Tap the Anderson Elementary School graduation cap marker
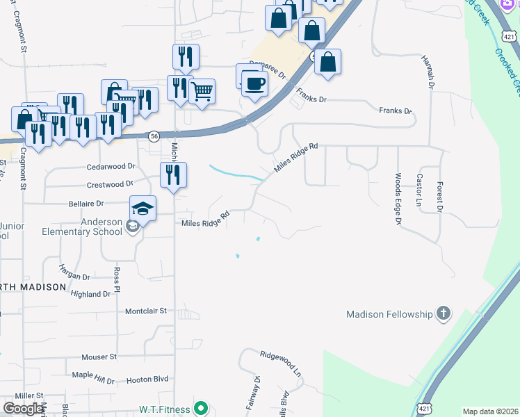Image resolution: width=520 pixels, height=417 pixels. click(143, 208)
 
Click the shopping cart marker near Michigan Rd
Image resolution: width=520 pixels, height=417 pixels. click(202, 90)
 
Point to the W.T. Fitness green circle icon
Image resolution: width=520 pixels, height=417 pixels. click(201, 409)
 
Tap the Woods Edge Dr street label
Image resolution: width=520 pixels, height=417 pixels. click(398, 198)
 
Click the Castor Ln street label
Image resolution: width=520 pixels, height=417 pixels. click(419, 190)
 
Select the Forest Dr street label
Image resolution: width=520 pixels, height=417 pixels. click(439, 197)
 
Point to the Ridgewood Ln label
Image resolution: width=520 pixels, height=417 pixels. click(282, 363)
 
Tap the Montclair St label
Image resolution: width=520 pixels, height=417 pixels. click(146, 311)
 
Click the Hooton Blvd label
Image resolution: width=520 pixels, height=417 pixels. click(147, 380)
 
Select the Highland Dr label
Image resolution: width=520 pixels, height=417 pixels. click(90, 294)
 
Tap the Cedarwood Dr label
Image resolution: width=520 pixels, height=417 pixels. click(111, 167)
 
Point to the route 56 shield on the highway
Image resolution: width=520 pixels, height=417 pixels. click(154, 136)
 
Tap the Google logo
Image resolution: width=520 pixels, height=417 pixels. click(23, 409)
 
